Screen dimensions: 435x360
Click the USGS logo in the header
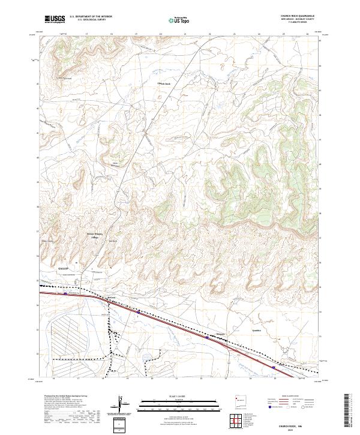55,19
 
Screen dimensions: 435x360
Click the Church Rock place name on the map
164,83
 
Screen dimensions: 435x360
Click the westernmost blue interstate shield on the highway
65,294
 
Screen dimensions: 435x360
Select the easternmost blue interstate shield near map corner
274,367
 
